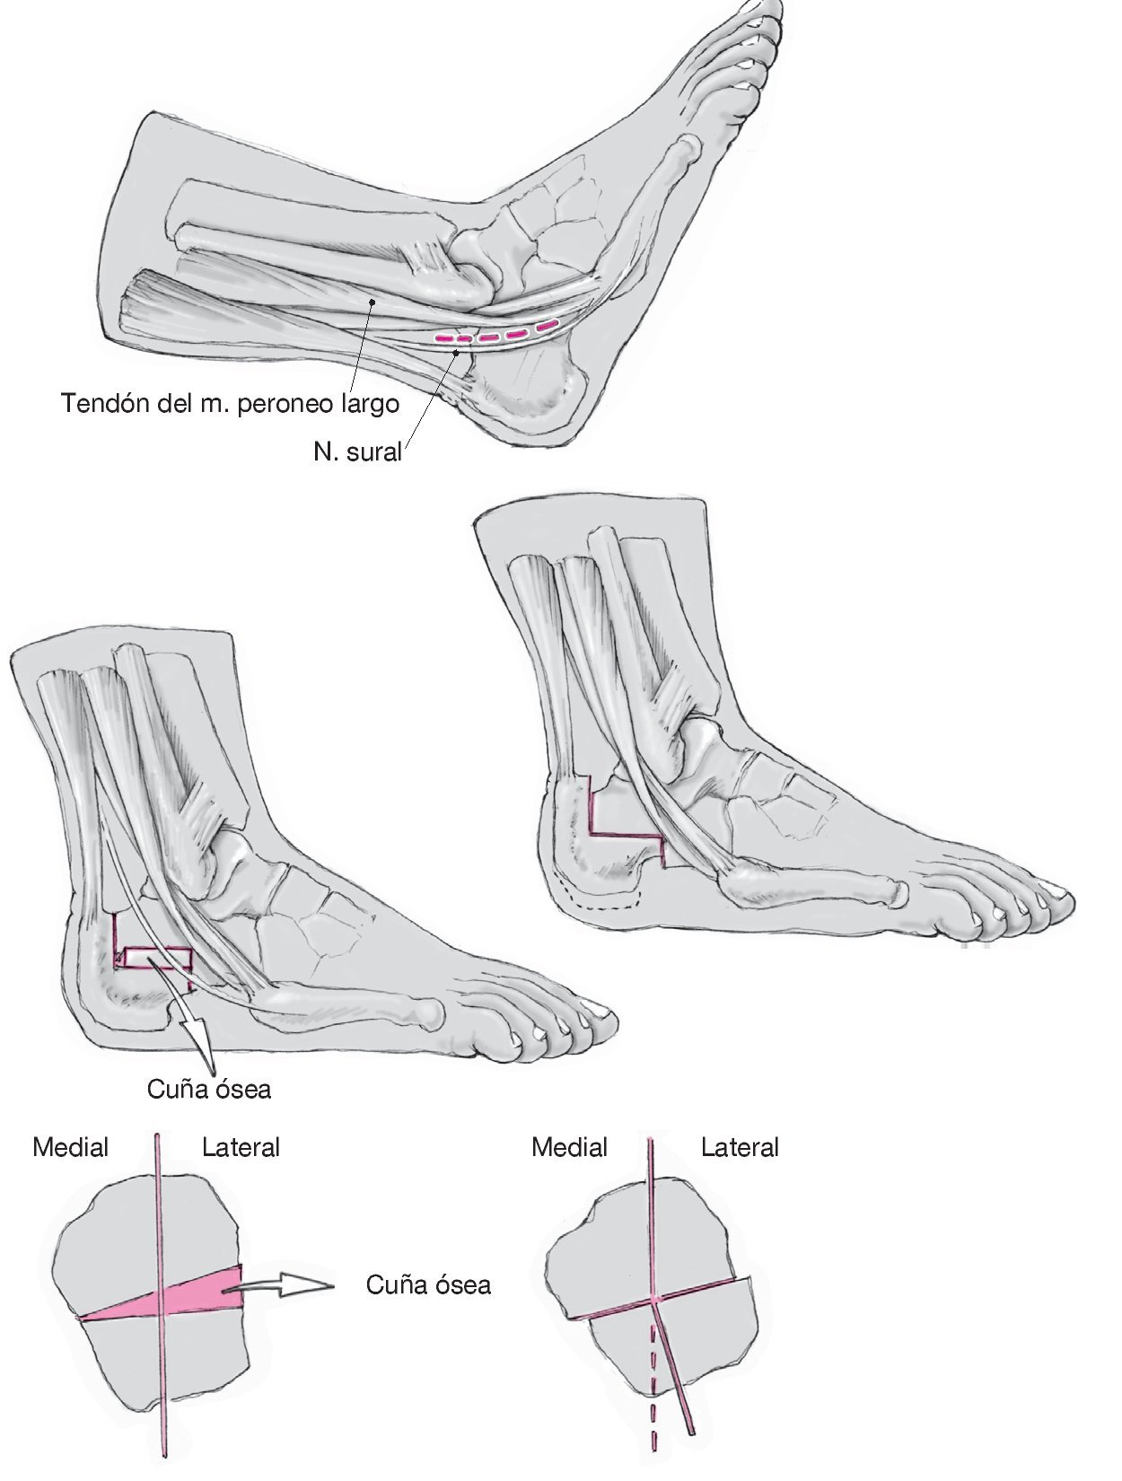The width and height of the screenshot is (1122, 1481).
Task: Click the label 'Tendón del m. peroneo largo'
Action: [230, 403]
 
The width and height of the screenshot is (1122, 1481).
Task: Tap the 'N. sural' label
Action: [357, 451]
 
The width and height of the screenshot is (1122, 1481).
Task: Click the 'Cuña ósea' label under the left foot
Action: [209, 1090]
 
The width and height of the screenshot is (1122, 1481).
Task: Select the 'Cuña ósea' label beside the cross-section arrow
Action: [428, 1284]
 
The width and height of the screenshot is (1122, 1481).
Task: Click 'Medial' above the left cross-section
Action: [70, 1147]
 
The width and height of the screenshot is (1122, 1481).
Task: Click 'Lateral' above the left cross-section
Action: [241, 1147]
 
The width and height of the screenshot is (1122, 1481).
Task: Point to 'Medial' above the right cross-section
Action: [569, 1147]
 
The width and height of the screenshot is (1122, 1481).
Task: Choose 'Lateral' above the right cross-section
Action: [740, 1147]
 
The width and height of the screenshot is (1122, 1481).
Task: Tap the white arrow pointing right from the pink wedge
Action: [287, 1285]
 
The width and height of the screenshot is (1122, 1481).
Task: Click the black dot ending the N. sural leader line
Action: [458, 353]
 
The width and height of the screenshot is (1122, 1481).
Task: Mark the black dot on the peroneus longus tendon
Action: [371, 303]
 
